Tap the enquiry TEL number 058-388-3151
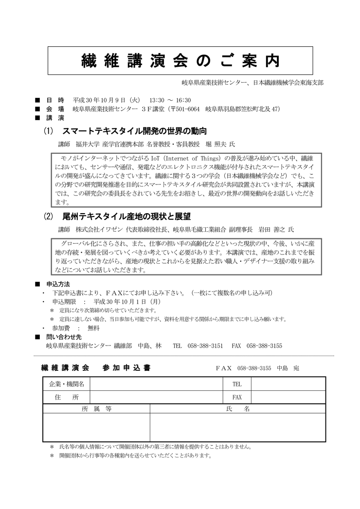pyautogui.click(x=204, y=345)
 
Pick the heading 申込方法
pyautogui.click(x=58, y=284)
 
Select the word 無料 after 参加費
pyautogui.click(x=94, y=328)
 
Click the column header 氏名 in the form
pyautogui.click(x=238, y=409)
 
